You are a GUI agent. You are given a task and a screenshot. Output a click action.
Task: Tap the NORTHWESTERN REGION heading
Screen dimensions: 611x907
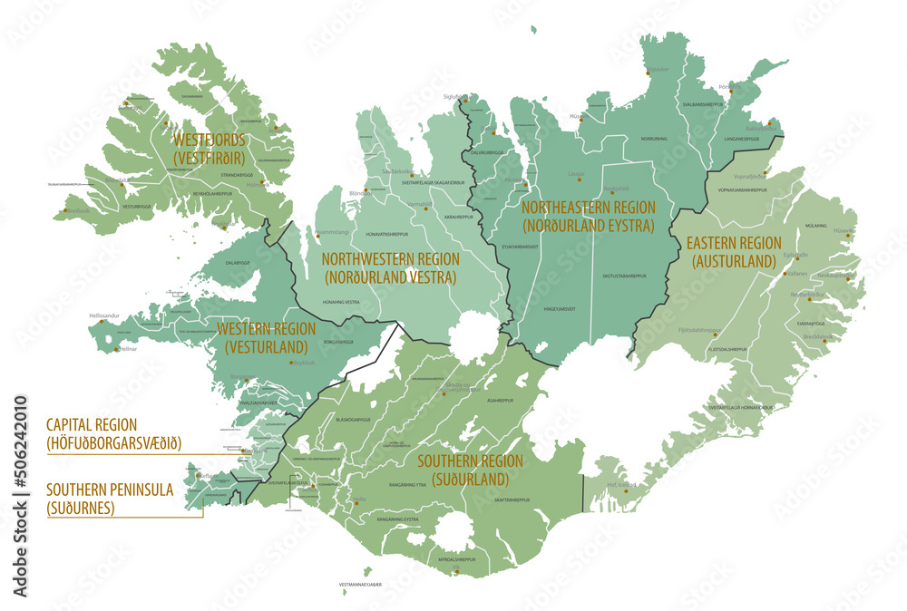[390, 268]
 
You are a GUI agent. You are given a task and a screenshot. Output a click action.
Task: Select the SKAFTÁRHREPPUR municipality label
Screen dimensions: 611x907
[512, 499]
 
